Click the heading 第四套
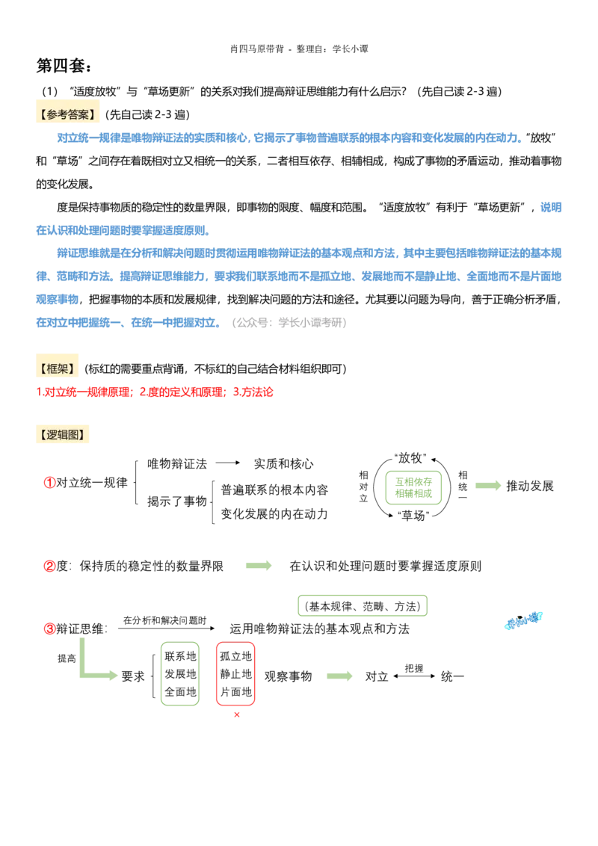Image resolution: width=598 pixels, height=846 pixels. [64, 65]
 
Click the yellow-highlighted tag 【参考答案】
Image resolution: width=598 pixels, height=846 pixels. [67, 114]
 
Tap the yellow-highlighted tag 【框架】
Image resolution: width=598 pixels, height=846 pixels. [57, 368]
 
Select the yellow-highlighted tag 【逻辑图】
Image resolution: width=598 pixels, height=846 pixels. [62, 434]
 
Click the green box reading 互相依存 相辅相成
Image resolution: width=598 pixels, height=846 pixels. [413, 487]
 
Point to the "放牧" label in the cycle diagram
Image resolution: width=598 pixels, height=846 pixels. [410, 458]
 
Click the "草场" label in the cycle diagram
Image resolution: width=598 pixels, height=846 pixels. [413, 516]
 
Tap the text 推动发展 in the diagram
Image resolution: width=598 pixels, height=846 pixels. [529, 486]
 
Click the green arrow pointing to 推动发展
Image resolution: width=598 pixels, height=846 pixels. [488, 486]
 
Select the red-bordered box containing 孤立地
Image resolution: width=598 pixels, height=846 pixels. [235, 673]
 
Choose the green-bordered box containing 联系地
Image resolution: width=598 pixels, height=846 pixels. [180, 673]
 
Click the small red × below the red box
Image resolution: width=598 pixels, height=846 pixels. [236, 715]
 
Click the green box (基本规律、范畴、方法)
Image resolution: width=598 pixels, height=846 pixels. [363, 606]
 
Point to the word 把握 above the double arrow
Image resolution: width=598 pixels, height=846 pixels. [414, 668]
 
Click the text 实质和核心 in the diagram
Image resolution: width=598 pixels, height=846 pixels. [283, 463]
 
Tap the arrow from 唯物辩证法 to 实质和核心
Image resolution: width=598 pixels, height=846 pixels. [228, 463]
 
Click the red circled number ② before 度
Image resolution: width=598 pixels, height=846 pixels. [49, 566]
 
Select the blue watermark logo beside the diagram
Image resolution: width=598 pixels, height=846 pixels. [523, 621]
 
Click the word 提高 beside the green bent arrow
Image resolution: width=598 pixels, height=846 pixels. [67, 658]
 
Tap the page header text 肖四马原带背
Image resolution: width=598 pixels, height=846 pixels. [257, 49]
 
